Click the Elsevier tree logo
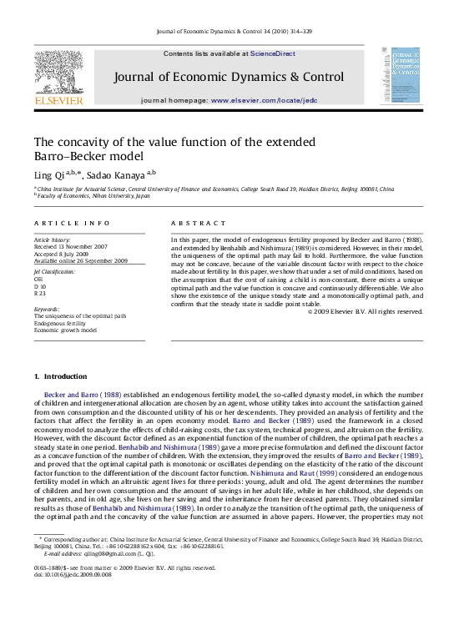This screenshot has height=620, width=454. pyautogui.click(x=58, y=72)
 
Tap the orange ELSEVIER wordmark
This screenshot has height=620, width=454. pyautogui.click(x=58, y=100)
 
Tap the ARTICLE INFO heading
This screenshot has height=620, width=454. pyautogui.click(x=72, y=224)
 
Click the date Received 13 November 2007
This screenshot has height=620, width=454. pyautogui.click(x=71, y=246)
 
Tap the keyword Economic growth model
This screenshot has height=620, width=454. pyautogui.click(x=65, y=330)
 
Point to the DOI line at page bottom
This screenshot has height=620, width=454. pyautogui.click(x=69, y=597)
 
